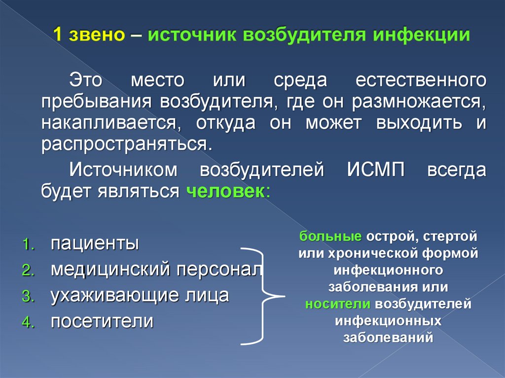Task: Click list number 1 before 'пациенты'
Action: click(28, 244)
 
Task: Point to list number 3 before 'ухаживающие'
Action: click(27, 297)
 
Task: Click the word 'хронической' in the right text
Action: click(379, 253)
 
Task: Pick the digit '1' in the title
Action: click(58, 36)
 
